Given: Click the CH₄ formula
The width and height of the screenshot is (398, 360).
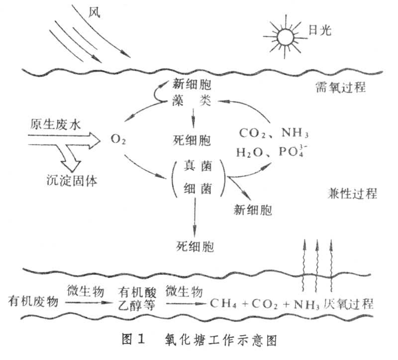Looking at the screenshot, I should click(222, 303).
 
